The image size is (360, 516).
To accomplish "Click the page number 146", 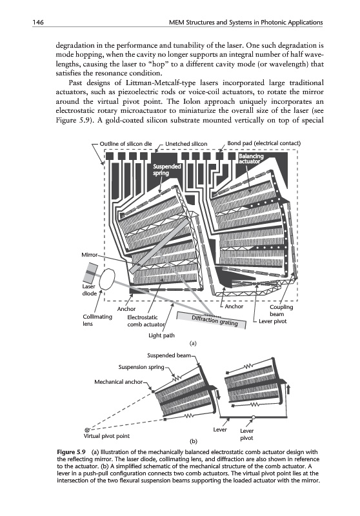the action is tap(38, 23).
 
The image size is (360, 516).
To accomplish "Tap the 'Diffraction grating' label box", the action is tap(212, 320).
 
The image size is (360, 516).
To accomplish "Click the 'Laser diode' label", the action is tap(89, 290).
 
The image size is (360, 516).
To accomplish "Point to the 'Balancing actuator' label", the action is tap(251, 159).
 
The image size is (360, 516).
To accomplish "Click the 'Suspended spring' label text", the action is tap(167, 170).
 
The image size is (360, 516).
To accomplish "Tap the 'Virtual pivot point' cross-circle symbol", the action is tap(87, 430).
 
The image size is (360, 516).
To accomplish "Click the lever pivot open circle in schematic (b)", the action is tap(253, 417).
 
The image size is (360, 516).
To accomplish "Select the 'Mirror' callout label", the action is tap(90, 255).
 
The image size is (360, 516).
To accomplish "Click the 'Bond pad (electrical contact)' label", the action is tap(264, 143).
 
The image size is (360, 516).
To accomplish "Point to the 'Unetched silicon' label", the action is tap(186, 144).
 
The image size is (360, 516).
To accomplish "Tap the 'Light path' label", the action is tap(161, 335).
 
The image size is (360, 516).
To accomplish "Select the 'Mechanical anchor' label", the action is tap(119, 382).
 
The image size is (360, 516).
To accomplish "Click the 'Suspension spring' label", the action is tap(141, 367).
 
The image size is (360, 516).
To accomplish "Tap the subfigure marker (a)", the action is tap(193, 343).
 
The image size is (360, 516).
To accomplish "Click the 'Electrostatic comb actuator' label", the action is tap(146, 321).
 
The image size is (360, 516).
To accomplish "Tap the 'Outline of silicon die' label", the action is tap(126, 144).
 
